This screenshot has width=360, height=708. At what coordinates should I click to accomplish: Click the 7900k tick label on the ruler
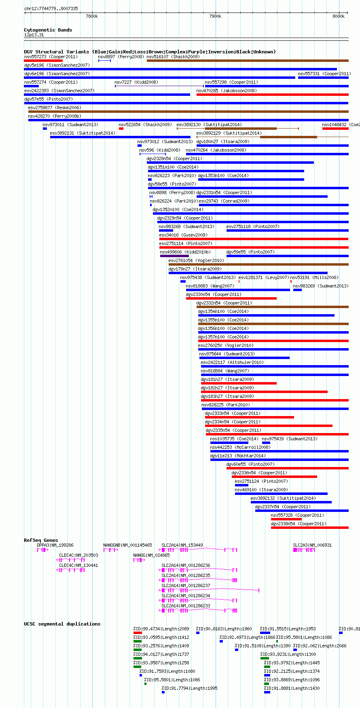215,16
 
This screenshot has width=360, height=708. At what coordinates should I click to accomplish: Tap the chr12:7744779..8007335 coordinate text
51,8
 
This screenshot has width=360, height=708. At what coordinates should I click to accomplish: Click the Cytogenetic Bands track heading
48,30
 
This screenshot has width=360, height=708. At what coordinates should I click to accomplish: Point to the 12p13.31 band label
34,35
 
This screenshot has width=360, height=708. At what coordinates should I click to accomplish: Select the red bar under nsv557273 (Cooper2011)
43,61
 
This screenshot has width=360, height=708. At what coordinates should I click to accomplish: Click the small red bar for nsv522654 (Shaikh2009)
121,129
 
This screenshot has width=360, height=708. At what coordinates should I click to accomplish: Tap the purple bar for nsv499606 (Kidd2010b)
174,256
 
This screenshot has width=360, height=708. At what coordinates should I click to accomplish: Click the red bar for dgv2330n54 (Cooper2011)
231,298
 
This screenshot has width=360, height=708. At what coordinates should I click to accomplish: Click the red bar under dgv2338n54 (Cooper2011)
310,528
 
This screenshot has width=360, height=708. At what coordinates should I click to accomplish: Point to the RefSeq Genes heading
41,540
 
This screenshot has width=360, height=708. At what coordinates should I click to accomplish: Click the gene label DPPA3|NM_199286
55,545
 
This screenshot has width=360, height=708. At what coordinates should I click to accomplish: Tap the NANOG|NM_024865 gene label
152,555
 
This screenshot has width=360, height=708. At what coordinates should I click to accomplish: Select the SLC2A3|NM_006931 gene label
312,545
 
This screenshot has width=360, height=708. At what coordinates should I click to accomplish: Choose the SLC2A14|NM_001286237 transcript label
186,585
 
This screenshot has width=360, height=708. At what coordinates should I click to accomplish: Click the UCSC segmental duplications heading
62,624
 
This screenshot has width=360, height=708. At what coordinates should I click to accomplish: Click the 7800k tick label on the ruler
92,16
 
